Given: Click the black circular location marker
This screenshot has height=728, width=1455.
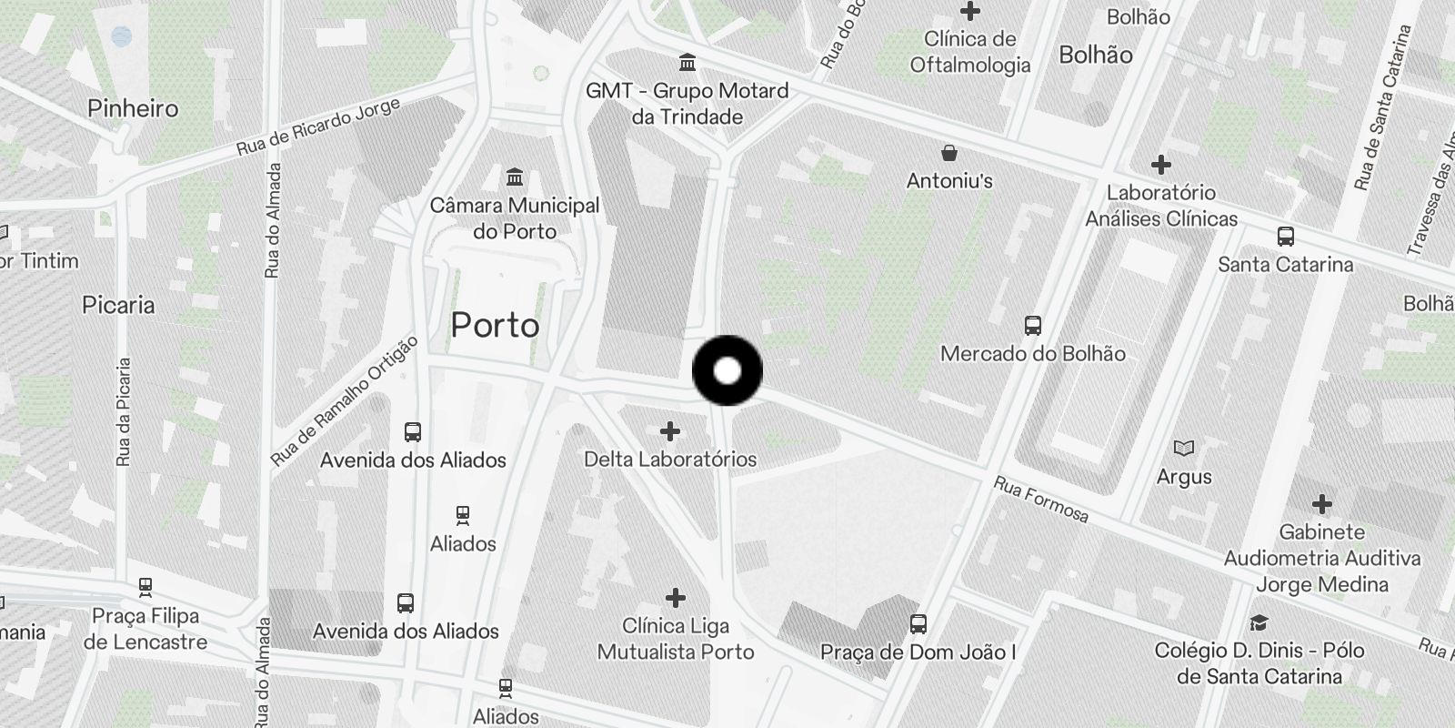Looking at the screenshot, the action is click(727, 370).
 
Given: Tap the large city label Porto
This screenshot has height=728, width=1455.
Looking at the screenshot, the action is click(495, 325).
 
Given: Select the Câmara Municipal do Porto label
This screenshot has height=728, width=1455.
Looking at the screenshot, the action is click(515, 218).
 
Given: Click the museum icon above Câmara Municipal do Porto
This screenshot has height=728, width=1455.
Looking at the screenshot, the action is click(515, 176).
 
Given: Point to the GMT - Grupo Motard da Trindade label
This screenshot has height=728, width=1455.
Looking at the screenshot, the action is click(687, 104).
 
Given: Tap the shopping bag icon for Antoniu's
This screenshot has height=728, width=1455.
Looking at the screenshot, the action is click(949, 152).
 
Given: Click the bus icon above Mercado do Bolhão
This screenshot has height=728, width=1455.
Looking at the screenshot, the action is click(1032, 325).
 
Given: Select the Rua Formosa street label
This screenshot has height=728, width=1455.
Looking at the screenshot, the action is click(1041, 499).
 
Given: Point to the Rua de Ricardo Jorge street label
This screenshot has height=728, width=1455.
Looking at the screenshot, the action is click(318, 126).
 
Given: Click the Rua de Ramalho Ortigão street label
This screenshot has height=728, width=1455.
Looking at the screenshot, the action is click(345, 401).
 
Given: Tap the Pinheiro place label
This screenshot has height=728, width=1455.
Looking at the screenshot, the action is click(133, 108).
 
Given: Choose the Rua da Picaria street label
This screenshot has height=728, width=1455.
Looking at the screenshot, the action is click(124, 412).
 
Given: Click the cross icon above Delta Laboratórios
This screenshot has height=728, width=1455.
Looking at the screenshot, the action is click(670, 430).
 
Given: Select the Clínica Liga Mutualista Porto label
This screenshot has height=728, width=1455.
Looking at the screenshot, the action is click(676, 639).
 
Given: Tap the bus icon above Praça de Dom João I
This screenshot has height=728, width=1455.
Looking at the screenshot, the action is click(918, 624).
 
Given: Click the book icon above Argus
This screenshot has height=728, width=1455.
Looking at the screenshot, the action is click(1184, 448).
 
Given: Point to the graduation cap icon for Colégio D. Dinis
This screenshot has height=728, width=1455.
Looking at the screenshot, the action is click(1259, 622).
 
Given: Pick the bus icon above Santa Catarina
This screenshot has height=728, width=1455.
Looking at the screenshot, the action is click(1286, 237).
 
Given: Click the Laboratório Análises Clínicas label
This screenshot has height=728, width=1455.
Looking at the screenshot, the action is click(1161, 206).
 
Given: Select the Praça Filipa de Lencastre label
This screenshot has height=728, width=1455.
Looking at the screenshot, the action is click(145, 629).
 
